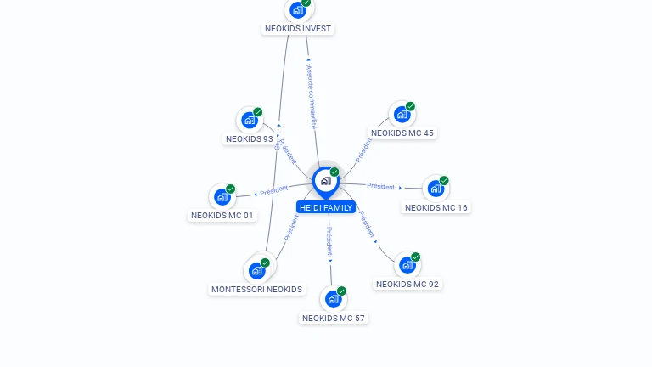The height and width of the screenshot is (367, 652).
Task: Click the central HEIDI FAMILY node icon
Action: (325, 181)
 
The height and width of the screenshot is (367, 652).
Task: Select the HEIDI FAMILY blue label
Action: (326, 207)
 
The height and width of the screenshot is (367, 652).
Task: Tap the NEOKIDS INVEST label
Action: (298, 28)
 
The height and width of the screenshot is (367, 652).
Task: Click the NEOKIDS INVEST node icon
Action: (297, 10)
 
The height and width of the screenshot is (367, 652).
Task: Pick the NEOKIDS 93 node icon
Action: (249, 120)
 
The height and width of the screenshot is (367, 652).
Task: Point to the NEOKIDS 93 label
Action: (250, 138)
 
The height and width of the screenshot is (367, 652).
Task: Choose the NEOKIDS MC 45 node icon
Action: (402, 114)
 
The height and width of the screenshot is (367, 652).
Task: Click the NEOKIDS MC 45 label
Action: (402, 133)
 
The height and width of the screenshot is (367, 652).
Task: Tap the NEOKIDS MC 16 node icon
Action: (436, 189)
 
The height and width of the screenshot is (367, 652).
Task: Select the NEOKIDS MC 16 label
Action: (436, 207)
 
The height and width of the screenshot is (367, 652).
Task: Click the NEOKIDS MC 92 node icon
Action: (407, 265)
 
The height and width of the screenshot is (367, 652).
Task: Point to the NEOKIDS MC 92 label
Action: (407, 284)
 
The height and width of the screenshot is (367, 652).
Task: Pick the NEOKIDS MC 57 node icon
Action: (333, 299)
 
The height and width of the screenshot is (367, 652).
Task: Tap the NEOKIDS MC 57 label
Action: (334, 318)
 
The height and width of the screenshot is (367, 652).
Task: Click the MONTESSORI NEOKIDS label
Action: (256, 289)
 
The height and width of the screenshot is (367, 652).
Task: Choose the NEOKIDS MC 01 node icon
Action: (222, 197)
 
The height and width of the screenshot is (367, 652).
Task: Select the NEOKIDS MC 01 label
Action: (222, 216)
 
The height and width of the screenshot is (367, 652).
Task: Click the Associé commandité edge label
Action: (311, 96)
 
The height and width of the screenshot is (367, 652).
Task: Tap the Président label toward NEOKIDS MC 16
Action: (381, 186)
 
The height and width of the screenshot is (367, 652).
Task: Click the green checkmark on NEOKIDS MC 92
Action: (415, 257)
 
